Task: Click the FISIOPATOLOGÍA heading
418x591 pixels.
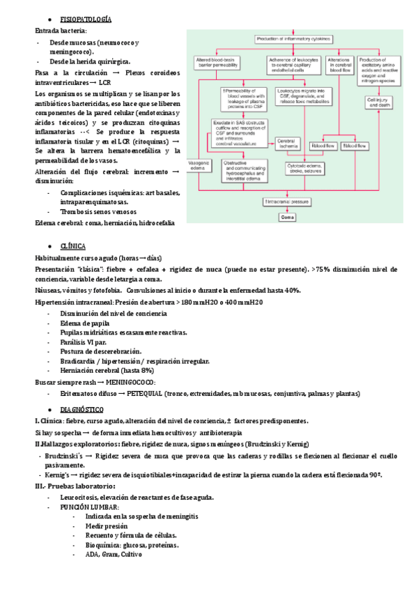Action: click(86, 19)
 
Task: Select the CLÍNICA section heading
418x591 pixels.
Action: click(73, 246)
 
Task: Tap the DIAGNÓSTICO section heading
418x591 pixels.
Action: click(82, 409)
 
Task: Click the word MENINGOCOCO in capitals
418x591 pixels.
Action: click(132, 383)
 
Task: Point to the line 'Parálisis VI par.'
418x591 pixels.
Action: click(84, 342)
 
